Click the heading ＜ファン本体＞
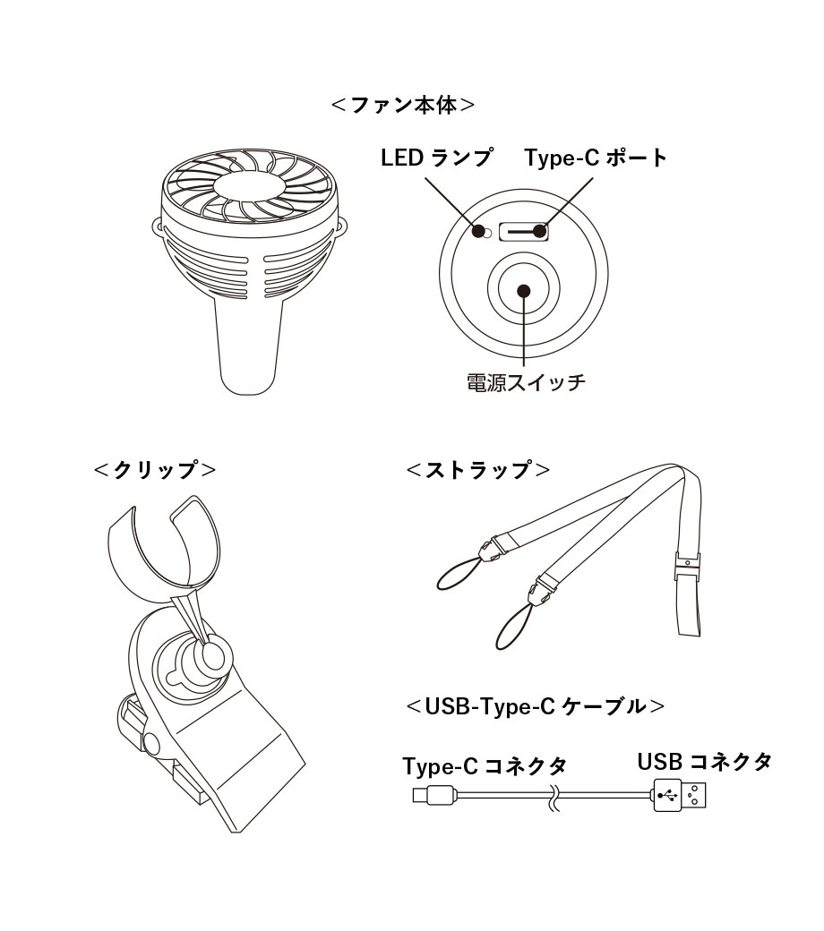click(x=403, y=105)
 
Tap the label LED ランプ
click(x=437, y=158)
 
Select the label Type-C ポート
click(x=596, y=158)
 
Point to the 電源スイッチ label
click(x=526, y=381)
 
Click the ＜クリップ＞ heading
click(x=155, y=470)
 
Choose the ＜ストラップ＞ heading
click(x=478, y=470)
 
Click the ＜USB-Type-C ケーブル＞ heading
click(x=536, y=706)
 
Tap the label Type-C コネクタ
click(x=485, y=766)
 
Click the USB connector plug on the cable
click(x=680, y=794)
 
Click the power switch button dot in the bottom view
click(x=523, y=291)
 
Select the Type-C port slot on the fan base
click(x=523, y=231)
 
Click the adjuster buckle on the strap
click(x=687, y=566)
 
